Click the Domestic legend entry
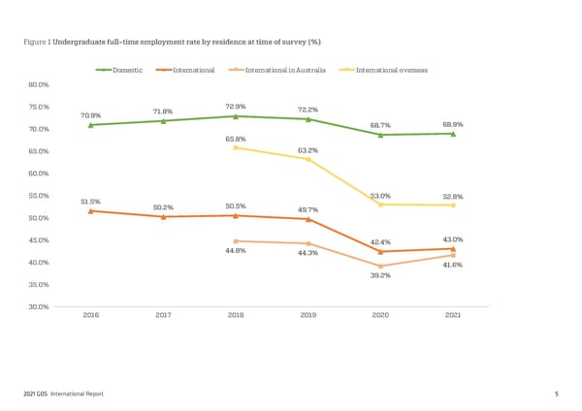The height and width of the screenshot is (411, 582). (127, 70)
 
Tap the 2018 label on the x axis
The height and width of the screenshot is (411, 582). (236, 315)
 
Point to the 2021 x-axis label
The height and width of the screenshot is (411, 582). (453, 315)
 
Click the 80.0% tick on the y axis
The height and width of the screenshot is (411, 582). (39, 84)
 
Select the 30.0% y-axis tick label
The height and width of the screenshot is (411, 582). (39, 306)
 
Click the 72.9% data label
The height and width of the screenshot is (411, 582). (235, 106)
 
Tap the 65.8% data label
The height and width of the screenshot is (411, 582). (235, 139)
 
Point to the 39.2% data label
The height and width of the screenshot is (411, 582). (380, 275)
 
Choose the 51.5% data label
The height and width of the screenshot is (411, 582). (90, 201)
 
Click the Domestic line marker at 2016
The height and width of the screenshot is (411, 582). (90, 125)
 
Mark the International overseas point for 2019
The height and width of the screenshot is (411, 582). (308, 159)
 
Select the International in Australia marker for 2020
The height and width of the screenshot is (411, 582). (380, 266)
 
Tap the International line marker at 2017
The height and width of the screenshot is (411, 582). (163, 216)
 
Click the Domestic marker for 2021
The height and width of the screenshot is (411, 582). (453, 134)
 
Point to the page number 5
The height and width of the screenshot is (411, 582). (557, 393)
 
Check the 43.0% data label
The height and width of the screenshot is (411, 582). (452, 238)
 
